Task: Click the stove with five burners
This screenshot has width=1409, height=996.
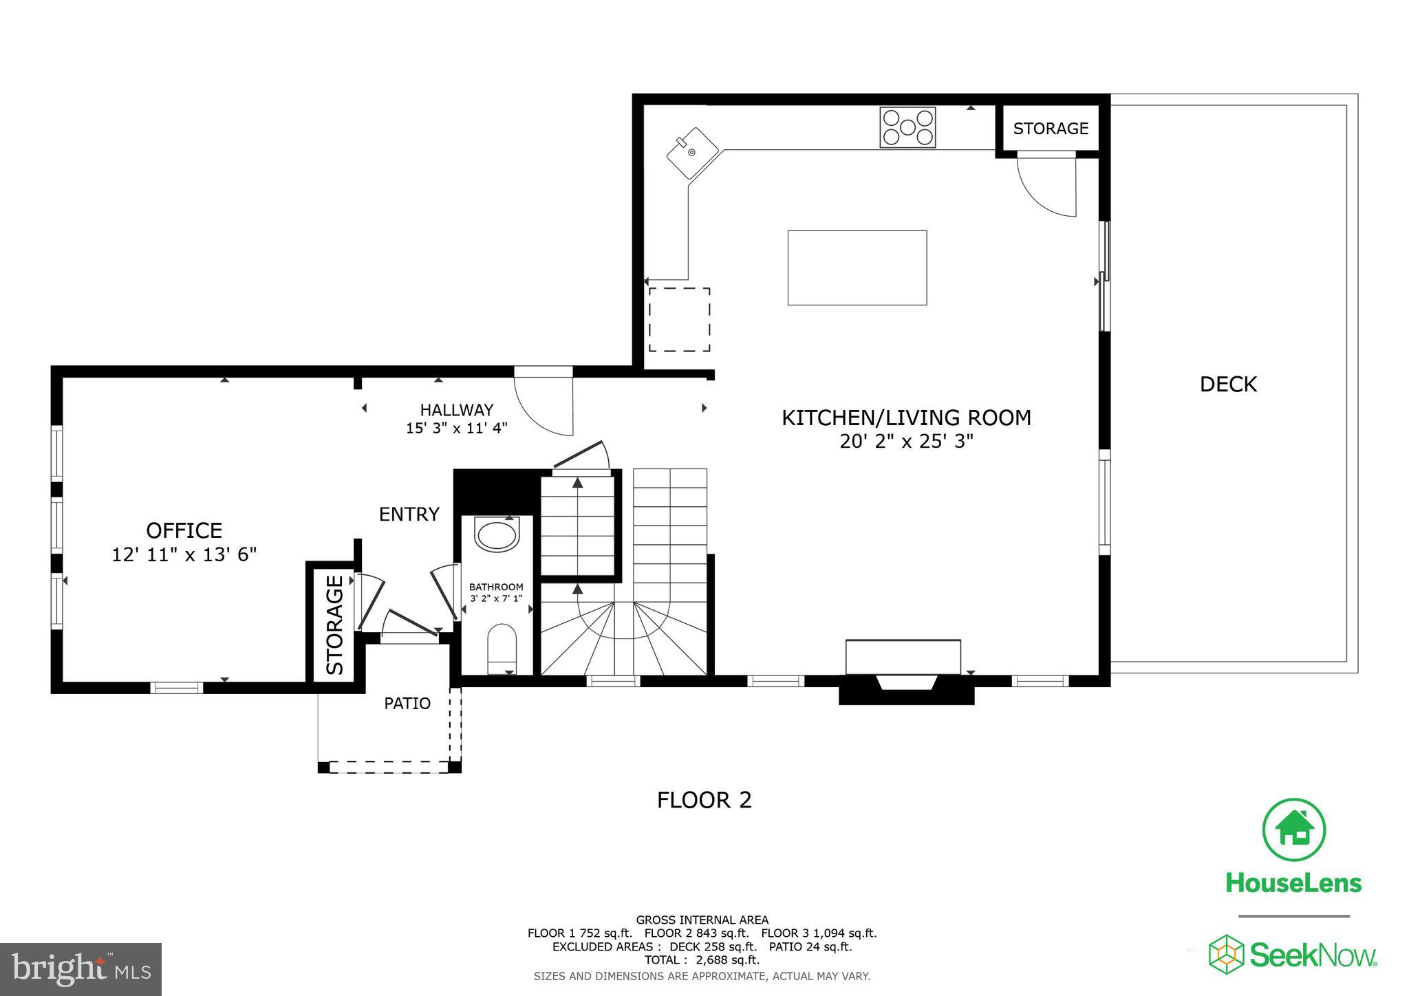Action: (907, 127)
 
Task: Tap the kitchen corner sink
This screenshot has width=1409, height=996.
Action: (692, 153)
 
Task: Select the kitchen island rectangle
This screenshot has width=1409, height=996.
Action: (857, 268)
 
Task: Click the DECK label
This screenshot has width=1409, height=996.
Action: (1228, 385)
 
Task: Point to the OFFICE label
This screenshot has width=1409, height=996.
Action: (184, 530)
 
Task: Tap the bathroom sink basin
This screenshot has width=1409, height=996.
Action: (497, 537)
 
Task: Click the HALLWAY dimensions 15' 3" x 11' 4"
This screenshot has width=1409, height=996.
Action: (456, 428)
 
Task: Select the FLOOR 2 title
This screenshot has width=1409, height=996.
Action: (704, 800)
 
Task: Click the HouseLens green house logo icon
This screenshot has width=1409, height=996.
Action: (1293, 830)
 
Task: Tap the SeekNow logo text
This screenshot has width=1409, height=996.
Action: (1312, 955)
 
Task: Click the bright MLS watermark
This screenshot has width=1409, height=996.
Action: (80, 969)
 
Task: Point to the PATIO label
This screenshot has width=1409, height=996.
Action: (407, 703)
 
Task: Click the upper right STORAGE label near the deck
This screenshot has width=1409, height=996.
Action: (1051, 129)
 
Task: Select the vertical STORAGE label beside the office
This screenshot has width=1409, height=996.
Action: (334, 625)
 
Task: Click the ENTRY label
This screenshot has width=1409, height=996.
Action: (409, 514)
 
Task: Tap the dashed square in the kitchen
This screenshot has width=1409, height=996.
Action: (679, 320)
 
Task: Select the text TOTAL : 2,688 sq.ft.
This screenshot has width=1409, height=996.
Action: (702, 960)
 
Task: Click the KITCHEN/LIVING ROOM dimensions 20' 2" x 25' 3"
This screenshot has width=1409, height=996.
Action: (906, 441)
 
